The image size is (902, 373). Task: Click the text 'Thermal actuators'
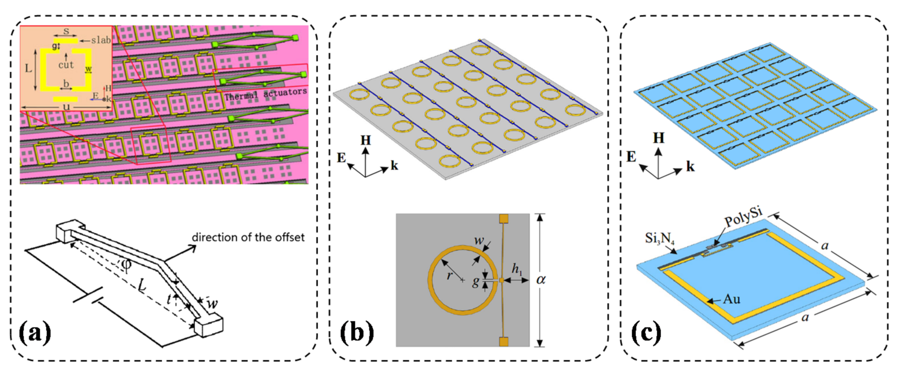(266, 94)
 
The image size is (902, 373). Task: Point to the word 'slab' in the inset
(101, 40)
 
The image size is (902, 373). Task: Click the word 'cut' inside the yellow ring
(66, 65)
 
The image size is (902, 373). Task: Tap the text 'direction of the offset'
(248, 237)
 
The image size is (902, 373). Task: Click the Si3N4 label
(660, 239)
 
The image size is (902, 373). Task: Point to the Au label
(731, 299)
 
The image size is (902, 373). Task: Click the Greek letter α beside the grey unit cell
(541, 279)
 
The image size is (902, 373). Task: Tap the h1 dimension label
(517, 269)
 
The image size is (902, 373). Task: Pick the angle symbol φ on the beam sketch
(127, 265)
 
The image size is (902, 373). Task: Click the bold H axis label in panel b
(365, 140)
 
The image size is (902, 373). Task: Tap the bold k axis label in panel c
(690, 167)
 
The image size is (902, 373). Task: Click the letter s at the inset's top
(65, 31)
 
